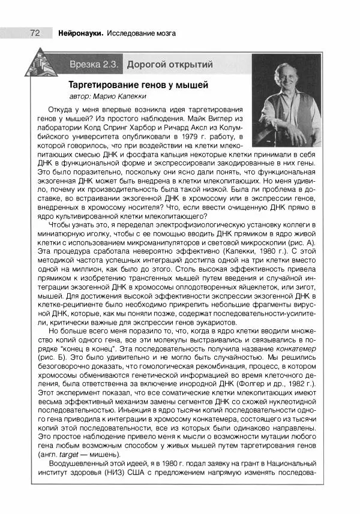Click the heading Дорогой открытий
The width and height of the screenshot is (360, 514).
pyautogui.click(x=169, y=64)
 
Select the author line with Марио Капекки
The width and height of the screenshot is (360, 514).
pyautogui.click(x=107, y=96)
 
